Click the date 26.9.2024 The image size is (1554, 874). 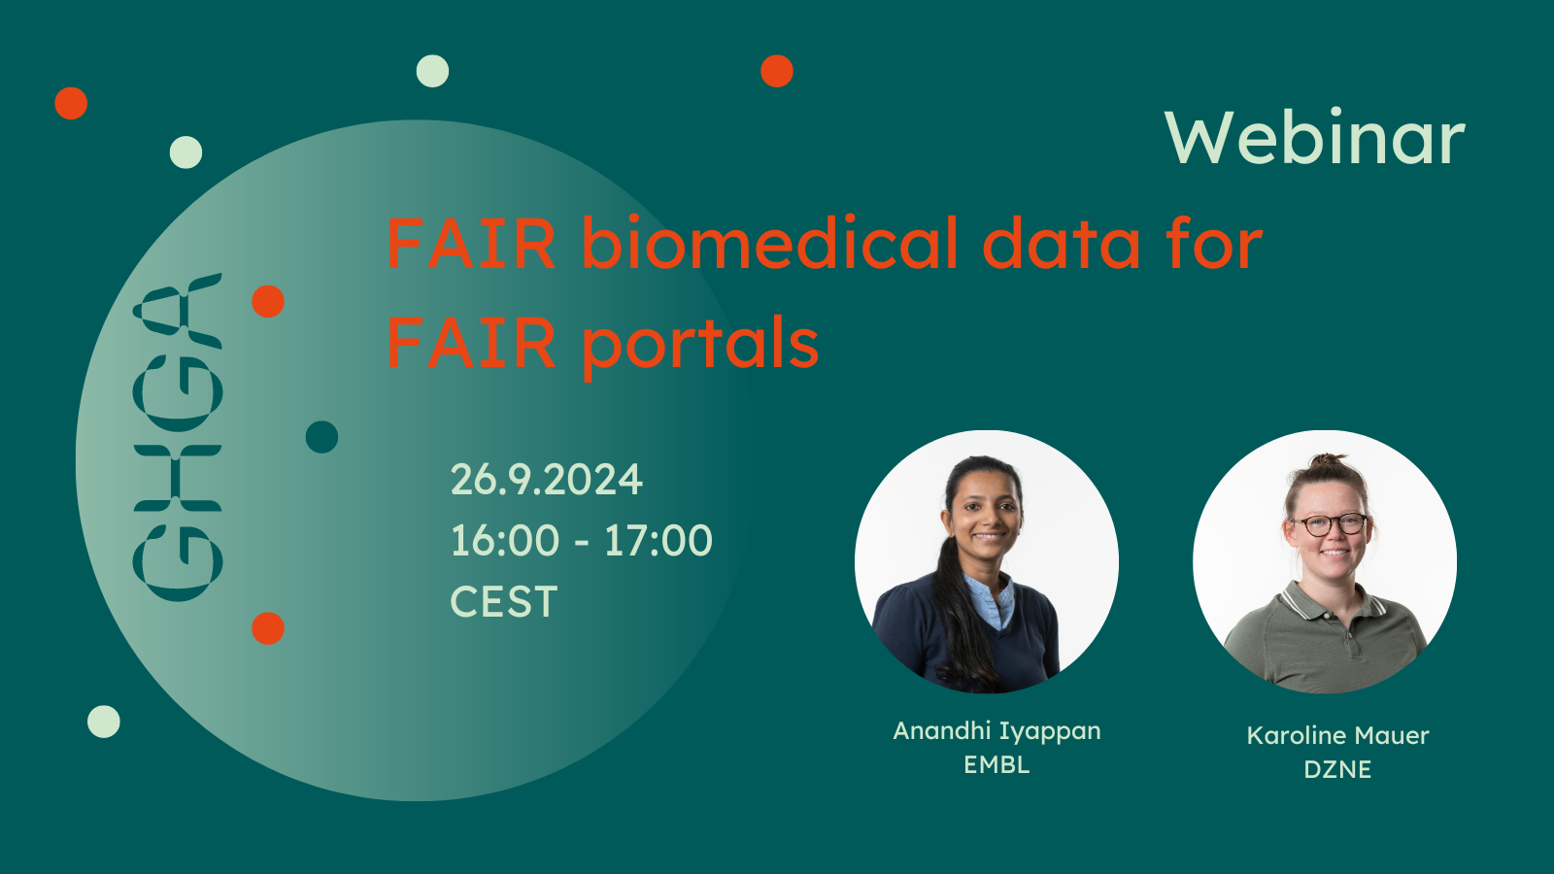click(547, 480)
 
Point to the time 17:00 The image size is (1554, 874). click(659, 540)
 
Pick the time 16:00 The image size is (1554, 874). click(505, 540)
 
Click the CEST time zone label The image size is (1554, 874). click(504, 601)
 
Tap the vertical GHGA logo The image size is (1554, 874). click(178, 437)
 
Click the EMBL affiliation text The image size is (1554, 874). click(997, 764)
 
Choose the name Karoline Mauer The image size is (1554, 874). click(1337, 735)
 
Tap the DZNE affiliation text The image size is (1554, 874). click(1337, 769)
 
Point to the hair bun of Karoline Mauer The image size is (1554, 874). click(1328, 460)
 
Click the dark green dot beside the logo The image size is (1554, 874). click(321, 437)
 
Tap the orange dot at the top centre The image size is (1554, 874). click(777, 71)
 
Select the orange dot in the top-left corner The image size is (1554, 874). click(71, 103)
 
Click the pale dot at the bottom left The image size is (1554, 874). click(103, 722)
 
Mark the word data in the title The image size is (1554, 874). click(1062, 243)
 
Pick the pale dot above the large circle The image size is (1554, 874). click(432, 71)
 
